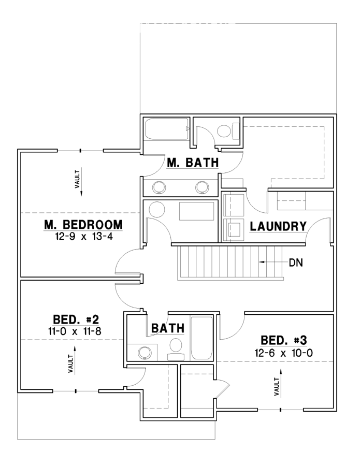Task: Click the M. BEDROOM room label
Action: click(83, 225)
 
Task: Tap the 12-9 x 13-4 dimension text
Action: click(84, 237)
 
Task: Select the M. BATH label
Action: click(193, 163)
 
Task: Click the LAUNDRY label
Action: click(278, 226)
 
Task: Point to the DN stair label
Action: click(296, 263)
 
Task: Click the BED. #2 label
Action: click(76, 320)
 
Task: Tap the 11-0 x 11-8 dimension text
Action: click(75, 331)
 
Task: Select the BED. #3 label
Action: click(284, 340)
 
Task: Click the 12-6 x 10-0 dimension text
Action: click(283, 353)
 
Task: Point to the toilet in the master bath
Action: click(228, 131)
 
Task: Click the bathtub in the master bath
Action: click(166, 129)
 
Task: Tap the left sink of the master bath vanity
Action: click(159, 187)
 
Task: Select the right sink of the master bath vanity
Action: click(203, 187)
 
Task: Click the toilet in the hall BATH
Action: click(176, 349)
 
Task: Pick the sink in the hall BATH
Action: click(145, 353)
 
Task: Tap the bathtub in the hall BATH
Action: click(201, 338)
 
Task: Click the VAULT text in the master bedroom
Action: click(77, 179)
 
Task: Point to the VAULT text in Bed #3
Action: click(277, 387)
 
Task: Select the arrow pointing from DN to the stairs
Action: click(272, 262)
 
